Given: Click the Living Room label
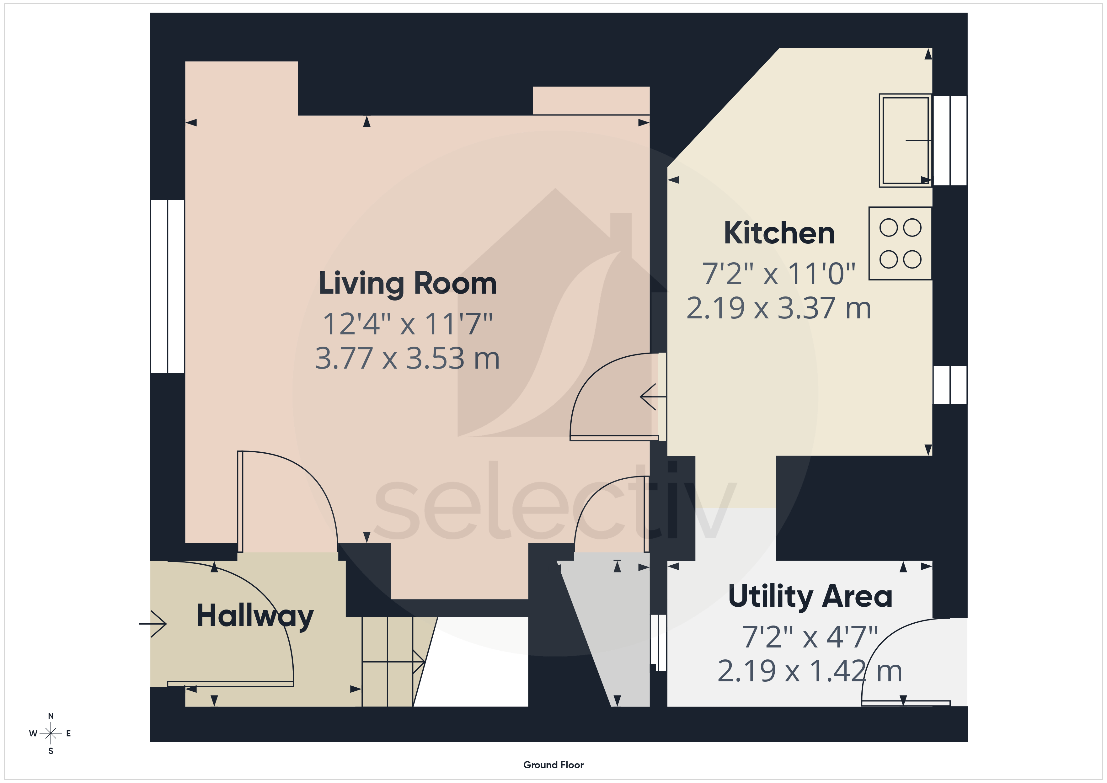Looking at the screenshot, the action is click(407, 284).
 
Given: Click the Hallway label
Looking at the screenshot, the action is click(255, 617).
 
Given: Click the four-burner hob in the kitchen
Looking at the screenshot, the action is click(900, 243).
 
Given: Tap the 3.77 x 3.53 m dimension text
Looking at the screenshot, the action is click(407, 358).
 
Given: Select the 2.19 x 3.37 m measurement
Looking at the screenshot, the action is click(779, 308).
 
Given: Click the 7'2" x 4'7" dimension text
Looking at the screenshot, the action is click(810, 637).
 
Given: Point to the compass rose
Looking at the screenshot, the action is click(51, 733).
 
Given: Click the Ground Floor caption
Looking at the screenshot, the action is click(553, 765).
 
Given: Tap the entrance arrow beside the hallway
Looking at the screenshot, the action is click(153, 624).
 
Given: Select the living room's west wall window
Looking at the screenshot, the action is click(167, 286).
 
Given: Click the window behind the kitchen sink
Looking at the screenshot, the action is click(950, 140).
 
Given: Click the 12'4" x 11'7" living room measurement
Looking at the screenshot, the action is click(407, 324).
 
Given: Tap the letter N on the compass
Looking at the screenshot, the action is click(51, 716).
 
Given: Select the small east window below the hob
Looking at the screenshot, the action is click(950, 385).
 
